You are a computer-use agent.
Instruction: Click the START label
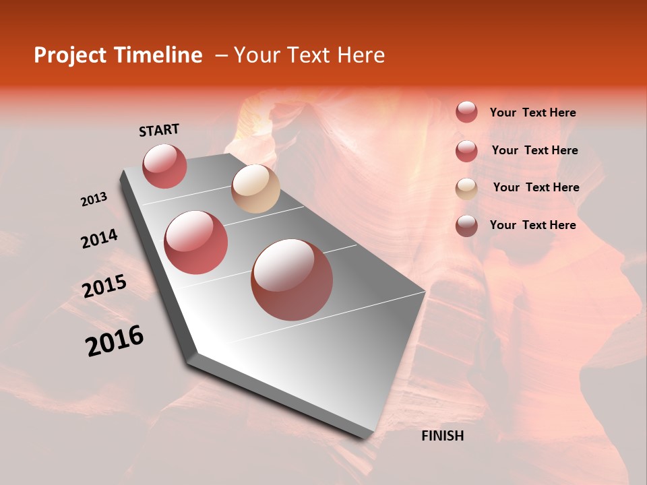(159, 130)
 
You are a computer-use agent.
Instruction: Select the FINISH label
(442, 436)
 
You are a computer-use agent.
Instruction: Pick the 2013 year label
(94, 199)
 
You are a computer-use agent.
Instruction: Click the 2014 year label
(99, 239)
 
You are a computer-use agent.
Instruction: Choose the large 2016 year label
(115, 341)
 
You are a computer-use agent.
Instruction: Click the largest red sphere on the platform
(292, 280)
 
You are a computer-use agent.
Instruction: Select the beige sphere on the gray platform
(255, 189)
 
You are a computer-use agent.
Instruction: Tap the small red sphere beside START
(164, 166)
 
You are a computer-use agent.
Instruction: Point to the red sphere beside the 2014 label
(196, 243)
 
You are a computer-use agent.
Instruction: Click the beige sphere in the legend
(466, 189)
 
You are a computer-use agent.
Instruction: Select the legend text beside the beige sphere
(536, 187)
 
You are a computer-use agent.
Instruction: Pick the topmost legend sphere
(466, 112)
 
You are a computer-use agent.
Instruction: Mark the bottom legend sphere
(466, 226)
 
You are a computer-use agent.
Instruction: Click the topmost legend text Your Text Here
(532, 112)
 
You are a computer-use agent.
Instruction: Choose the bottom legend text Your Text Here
(532, 225)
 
